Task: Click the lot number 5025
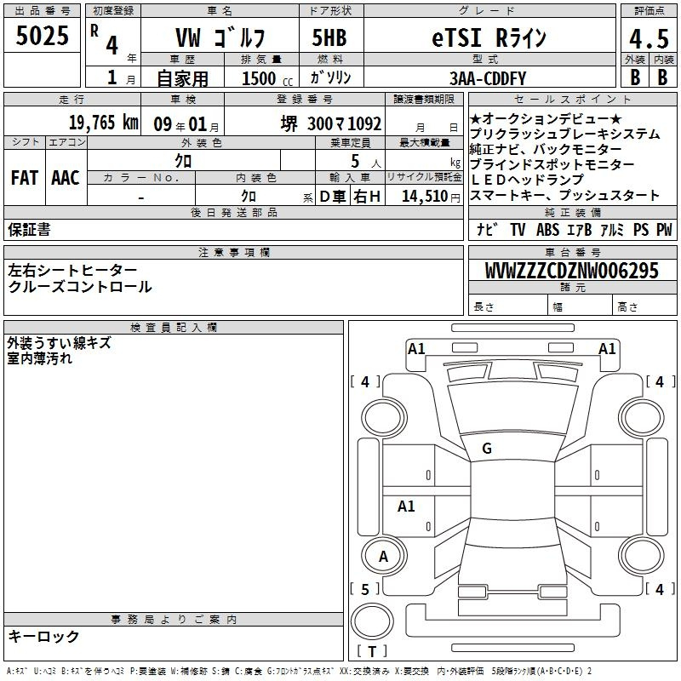click(42, 36)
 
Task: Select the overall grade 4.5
click(649, 39)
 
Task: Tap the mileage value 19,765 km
click(104, 123)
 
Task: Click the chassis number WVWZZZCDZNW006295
click(571, 271)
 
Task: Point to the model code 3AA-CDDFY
click(487, 78)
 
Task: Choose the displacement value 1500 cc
click(267, 78)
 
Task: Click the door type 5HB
click(329, 37)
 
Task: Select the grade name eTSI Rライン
click(489, 37)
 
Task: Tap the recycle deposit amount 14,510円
click(431, 197)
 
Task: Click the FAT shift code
click(25, 178)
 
